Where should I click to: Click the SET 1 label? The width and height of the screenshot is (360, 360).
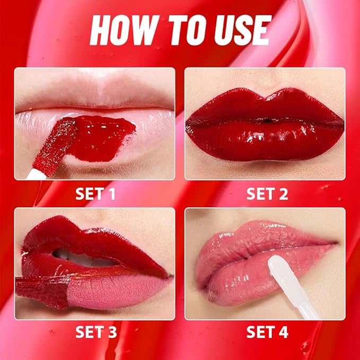(95, 194)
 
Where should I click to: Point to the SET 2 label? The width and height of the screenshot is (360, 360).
(267, 194)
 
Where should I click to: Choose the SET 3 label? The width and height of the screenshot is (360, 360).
(95, 332)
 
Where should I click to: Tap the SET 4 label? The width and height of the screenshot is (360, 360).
(267, 332)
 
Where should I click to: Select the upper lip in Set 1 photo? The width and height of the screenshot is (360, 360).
(95, 95)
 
